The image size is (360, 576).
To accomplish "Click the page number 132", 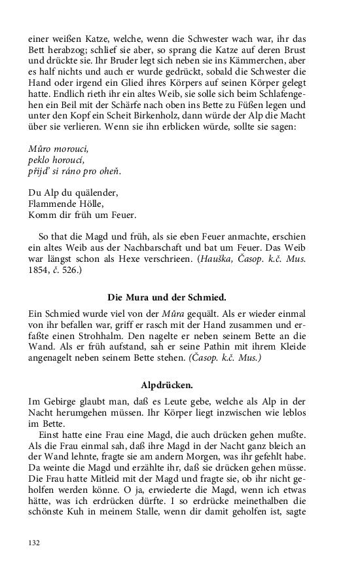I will tap(35, 543).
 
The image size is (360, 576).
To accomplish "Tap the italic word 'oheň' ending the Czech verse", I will tap(111, 171).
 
